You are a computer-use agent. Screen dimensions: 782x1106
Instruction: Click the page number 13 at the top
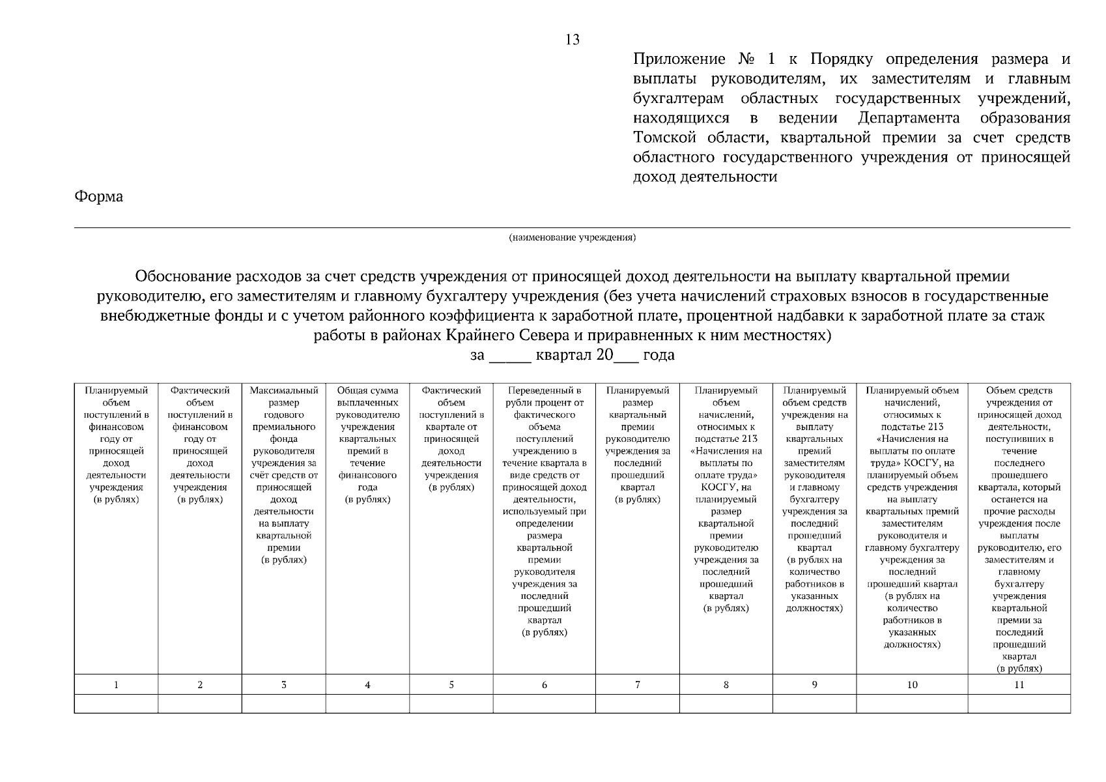coord(573,40)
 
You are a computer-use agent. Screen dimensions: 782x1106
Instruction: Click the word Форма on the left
coord(98,196)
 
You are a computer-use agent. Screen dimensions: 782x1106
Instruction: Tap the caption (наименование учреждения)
coord(572,237)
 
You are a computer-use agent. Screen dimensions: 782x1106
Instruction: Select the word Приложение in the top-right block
coord(679,59)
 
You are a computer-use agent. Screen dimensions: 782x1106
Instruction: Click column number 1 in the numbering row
coord(116,684)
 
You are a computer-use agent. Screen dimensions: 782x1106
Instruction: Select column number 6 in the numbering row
coord(544,684)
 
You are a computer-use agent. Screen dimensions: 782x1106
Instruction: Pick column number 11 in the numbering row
coord(1019,684)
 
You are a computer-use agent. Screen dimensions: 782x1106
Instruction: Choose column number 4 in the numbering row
coord(367,684)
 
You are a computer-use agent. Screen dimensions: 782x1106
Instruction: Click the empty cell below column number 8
coord(726,704)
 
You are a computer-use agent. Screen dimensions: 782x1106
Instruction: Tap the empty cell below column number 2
coord(200,704)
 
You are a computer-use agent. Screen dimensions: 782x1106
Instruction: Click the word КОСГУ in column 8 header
coord(717,487)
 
